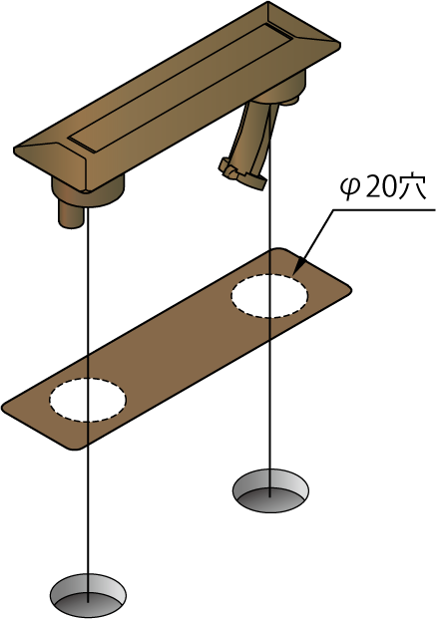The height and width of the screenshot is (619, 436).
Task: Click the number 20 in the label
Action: pos(379,188)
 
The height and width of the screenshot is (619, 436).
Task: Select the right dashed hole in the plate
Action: pos(269,295)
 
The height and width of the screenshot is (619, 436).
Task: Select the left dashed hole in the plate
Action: pos(88,400)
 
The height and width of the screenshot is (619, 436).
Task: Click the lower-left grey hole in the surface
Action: pos(88,595)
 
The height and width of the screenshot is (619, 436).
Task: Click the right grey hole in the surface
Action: pos(270,491)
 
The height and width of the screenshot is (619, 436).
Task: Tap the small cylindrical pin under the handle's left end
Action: pos(71,213)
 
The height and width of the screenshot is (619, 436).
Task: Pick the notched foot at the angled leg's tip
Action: pos(241,172)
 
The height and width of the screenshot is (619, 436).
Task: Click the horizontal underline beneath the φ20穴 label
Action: pos(383,210)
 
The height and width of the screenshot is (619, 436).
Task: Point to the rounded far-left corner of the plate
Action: pos(6,408)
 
